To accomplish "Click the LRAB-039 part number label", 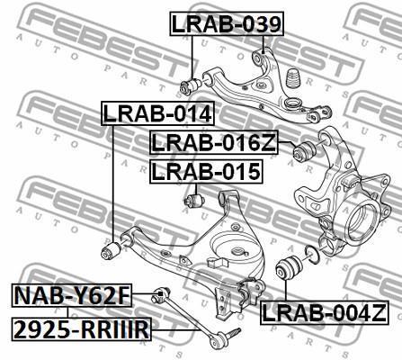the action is click(x=227, y=23).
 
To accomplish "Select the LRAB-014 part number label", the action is click(x=158, y=113).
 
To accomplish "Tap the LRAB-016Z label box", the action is click(x=214, y=142).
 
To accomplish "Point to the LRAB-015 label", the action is click(x=206, y=171).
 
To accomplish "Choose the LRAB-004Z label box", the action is click(x=325, y=312).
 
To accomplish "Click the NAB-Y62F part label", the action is click(x=72, y=295).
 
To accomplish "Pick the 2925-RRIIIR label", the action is click(x=82, y=329).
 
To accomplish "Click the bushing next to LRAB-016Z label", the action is click(x=304, y=150).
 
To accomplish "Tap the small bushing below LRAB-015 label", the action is click(x=194, y=200).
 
